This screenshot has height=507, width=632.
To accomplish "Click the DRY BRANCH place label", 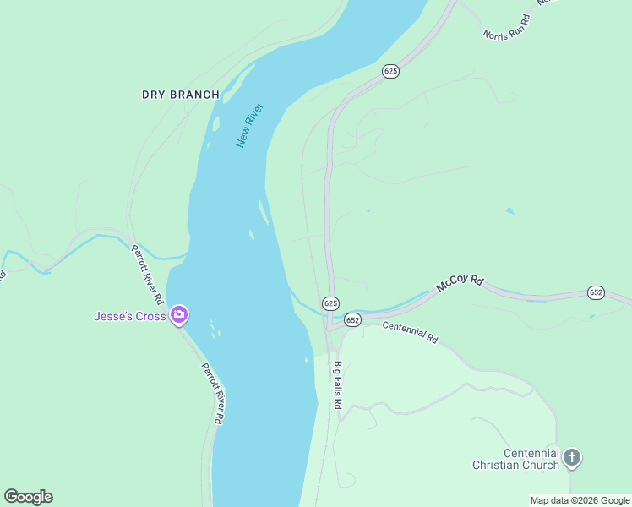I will [x=180, y=95].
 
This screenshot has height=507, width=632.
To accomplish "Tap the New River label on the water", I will [x=250, y=125].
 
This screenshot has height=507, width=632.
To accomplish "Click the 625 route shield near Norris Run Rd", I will [x=390, y=72].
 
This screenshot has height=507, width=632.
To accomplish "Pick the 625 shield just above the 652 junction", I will [x=330, y=303].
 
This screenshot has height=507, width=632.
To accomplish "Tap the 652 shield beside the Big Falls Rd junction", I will [x=352, y=320].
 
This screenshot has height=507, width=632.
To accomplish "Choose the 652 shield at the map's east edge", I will [x=596, y=292].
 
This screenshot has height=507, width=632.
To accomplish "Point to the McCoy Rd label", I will [x=460, y=284].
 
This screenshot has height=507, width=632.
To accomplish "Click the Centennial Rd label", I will [x=411, y=332].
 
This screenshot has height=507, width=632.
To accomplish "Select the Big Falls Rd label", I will [x=336, y=385].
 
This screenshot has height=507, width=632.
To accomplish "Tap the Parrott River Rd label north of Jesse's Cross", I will [x=147, y=275].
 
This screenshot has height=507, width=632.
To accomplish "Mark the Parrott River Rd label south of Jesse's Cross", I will [x=212, y=393].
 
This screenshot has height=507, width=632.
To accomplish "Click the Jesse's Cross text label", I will [x=130, y=317].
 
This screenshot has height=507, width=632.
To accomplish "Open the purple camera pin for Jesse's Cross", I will [x=179, y=316].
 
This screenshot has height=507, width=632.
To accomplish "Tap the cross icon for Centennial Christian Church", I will [x=572, y=459].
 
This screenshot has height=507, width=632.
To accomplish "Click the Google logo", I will [x=28, y=497].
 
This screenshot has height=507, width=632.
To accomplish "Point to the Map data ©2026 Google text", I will [x=580, y=500].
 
